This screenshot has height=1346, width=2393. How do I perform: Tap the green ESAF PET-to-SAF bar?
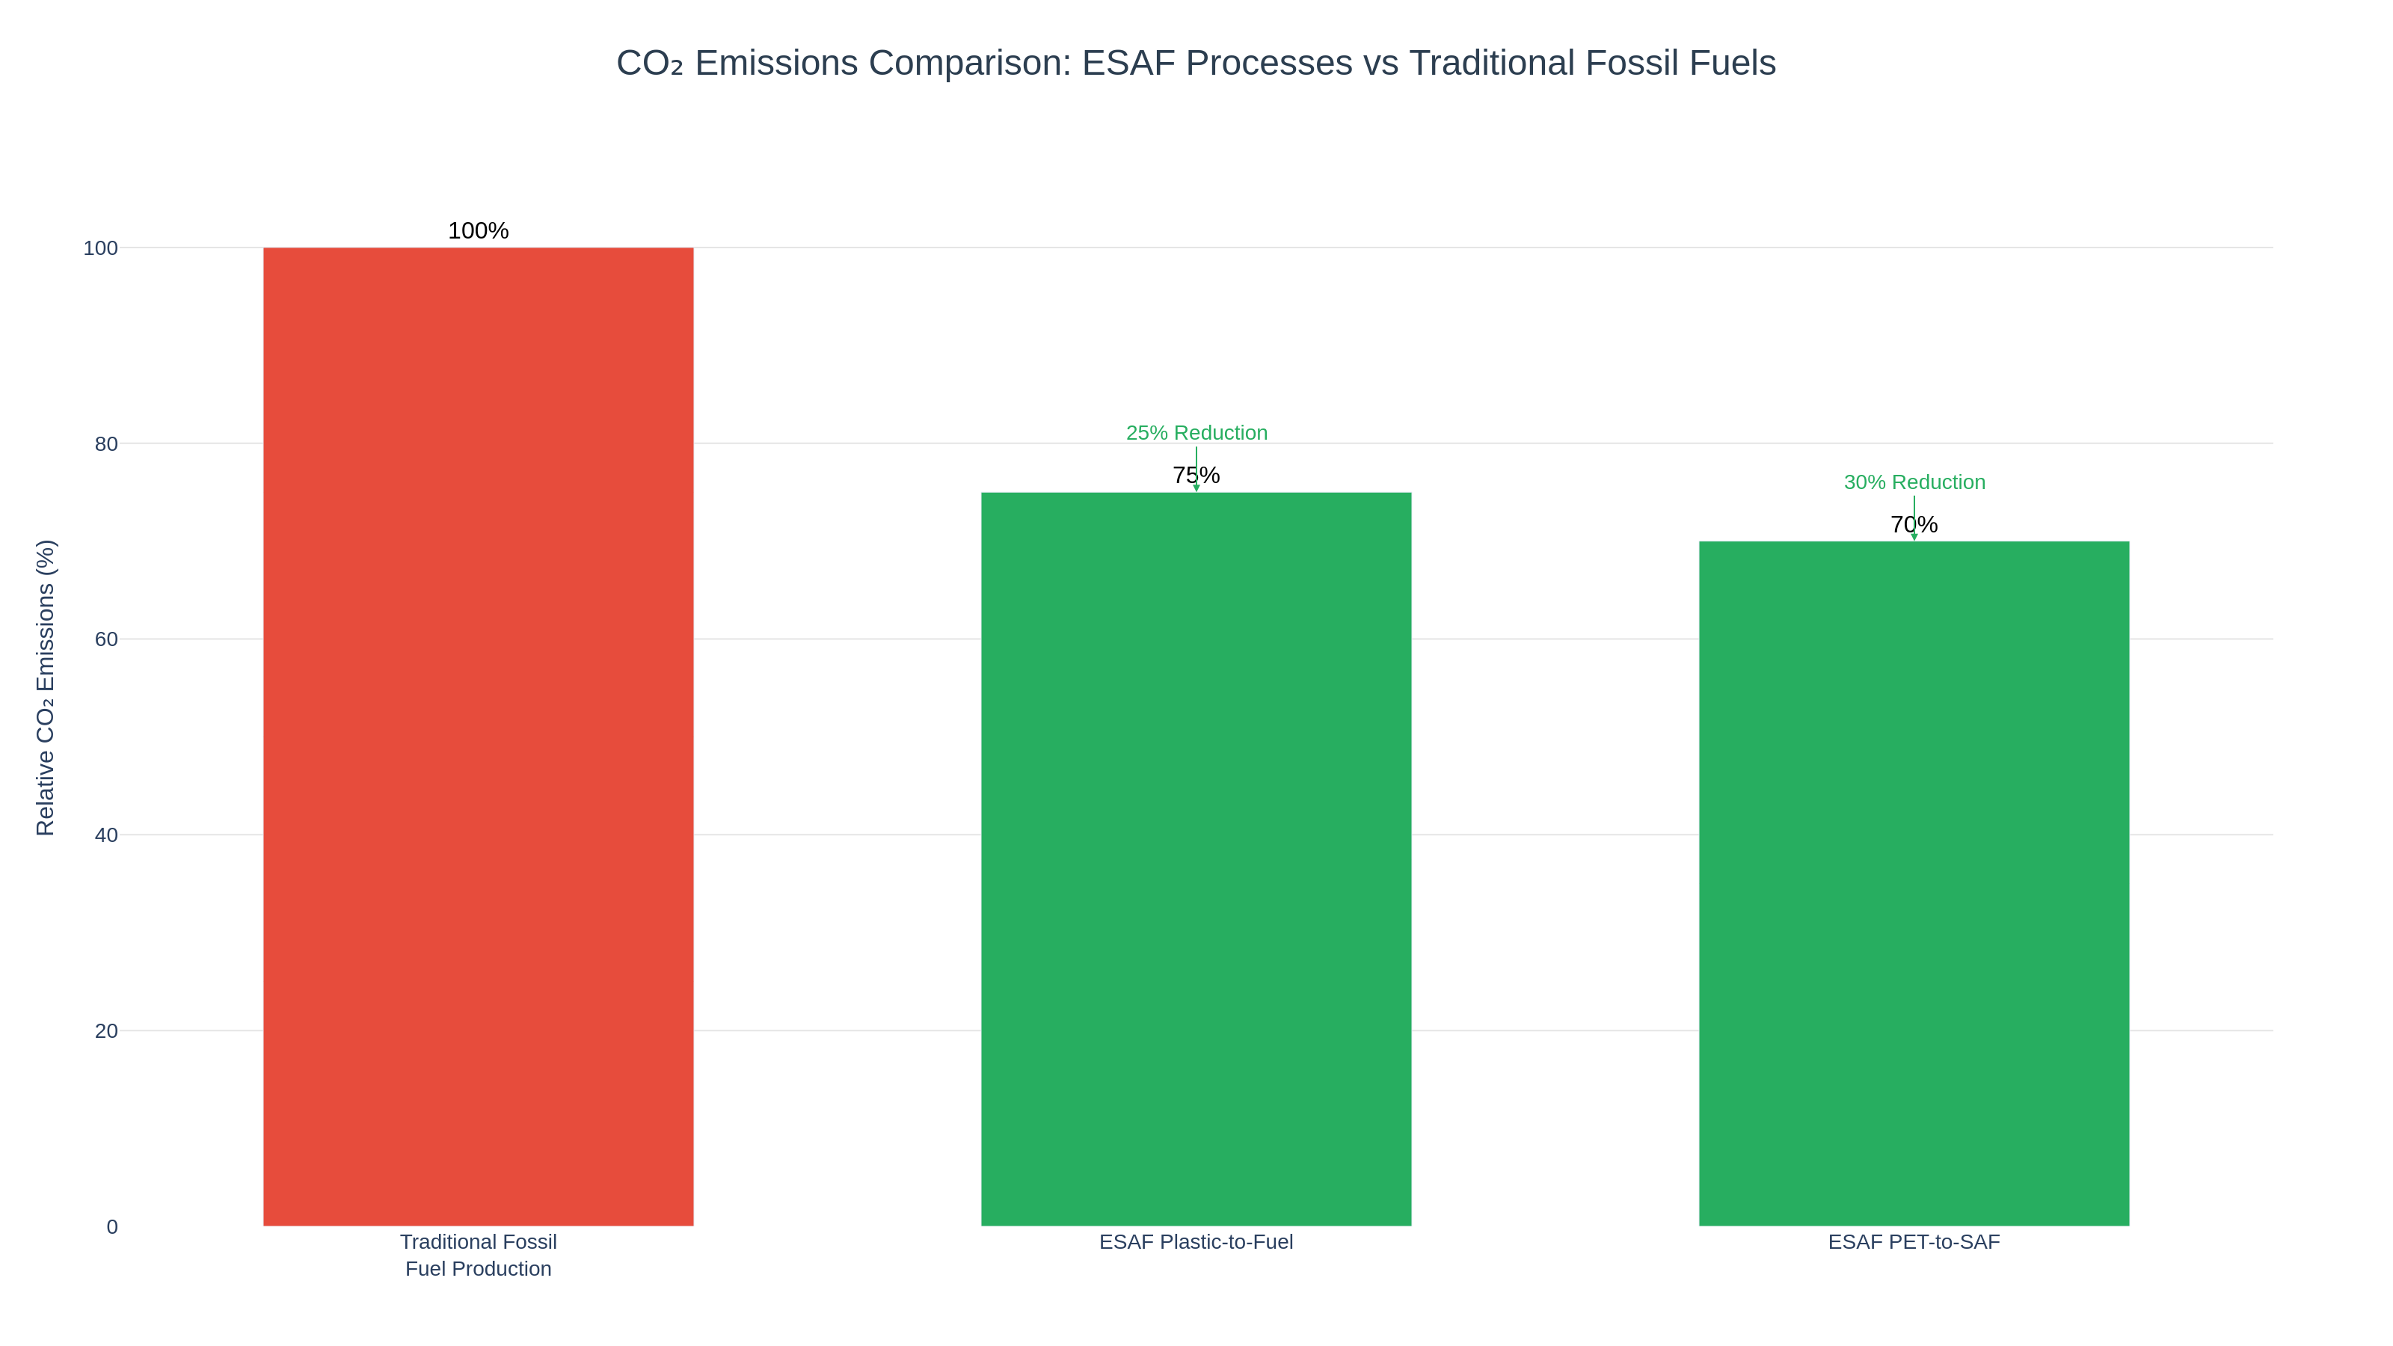pos(1914,883)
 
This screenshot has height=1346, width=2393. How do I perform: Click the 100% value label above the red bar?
pos(479,230)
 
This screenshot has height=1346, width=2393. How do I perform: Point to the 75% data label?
pos(1196,476)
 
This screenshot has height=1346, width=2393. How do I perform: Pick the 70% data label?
pos(1914,525)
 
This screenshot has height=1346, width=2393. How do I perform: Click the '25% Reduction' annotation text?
pos(1196,433)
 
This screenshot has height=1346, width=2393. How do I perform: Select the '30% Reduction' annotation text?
pos(1914,482)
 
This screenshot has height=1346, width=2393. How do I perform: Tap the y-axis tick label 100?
pos(100,248)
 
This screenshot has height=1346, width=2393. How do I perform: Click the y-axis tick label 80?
pos(106,444)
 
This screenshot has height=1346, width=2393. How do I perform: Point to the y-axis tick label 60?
pos(106,639)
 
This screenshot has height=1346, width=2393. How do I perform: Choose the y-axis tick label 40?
pos(106,835)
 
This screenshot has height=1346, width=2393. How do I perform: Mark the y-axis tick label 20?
pos(106,1031)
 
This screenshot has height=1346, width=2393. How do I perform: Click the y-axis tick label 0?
pos(111,1227)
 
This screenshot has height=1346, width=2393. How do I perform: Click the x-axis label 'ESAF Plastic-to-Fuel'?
pos(1196,1242)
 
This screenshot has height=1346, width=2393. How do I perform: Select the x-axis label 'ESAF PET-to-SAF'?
pos(1914,1242)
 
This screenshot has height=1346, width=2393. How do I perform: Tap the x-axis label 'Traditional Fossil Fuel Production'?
pos(479,1255)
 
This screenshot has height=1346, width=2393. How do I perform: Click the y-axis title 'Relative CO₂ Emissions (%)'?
pos(46,687)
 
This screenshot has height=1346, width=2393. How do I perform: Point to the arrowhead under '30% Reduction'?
pos(1914,537)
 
